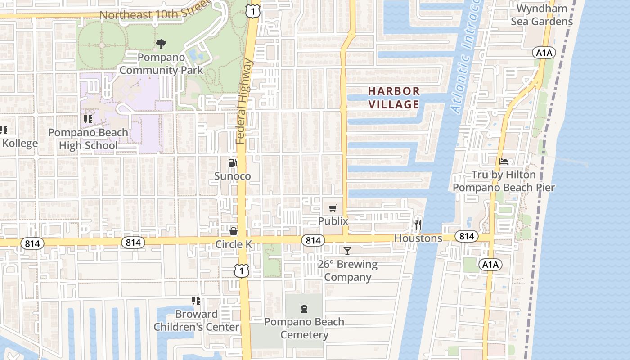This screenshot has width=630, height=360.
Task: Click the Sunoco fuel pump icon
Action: [232, 162]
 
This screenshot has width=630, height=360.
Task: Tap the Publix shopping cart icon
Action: [333, 208]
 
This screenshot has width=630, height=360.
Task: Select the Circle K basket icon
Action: [234, 231]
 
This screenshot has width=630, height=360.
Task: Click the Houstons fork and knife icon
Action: [418, 225]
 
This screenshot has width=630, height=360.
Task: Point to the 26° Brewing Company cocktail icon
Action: [347, 251]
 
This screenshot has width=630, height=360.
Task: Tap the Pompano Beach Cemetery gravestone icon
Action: [304, 309]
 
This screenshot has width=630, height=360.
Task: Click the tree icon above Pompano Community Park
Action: [161, 44]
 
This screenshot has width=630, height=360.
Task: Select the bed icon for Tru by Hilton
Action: [504, 161]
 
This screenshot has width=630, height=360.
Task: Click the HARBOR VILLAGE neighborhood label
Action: [394, 98]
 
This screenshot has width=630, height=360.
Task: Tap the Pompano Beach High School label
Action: [88, 139]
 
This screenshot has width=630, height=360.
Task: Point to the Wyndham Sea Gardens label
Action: [544, 15]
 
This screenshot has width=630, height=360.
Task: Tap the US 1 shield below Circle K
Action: [242, 270]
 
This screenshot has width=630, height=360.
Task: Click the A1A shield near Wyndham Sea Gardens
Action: [544, 53]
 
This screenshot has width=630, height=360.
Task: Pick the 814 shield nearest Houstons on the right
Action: [467, 236]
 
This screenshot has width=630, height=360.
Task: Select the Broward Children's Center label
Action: [196, 320]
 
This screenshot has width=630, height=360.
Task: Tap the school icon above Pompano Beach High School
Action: [88, 119]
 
